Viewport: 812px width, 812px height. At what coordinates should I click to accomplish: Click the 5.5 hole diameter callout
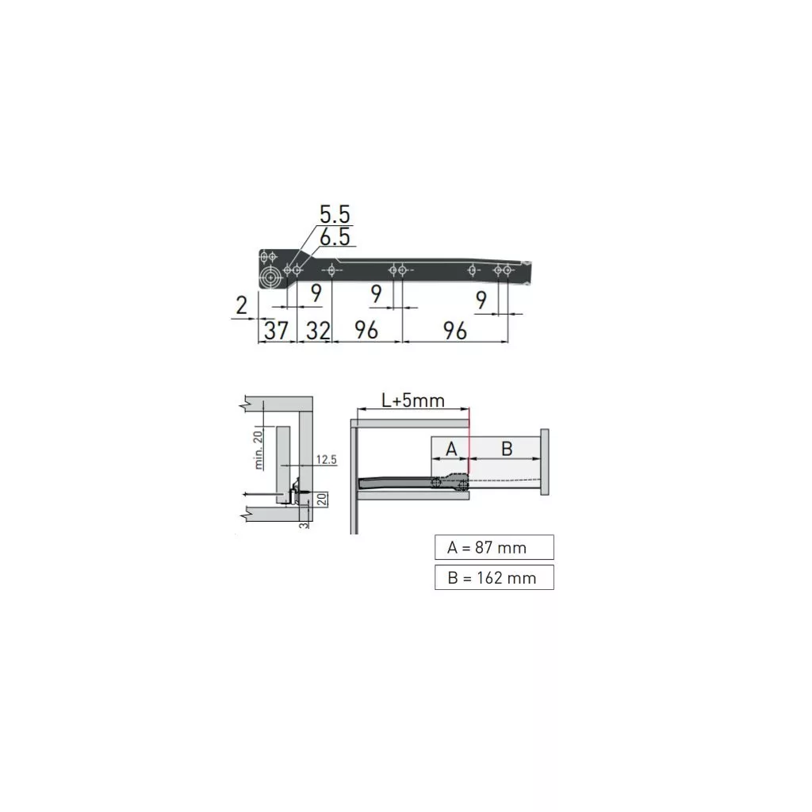point(335,214)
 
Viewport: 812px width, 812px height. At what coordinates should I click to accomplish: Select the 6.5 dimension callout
point(335,237)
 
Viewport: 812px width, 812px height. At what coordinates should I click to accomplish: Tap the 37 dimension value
point(276,331)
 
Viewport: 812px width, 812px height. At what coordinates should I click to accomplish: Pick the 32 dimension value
point(318,331)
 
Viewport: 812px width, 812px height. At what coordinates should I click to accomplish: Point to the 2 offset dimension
point(241,305)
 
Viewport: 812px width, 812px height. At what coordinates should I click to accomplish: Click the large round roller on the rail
point(270,277)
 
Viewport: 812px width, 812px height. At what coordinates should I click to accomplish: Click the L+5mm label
point(412,400)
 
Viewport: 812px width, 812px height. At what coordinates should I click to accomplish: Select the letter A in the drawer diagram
point(451,449)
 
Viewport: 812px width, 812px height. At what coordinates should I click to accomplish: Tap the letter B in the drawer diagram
point(507,449)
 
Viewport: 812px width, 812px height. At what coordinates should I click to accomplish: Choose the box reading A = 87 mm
point(494,547)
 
